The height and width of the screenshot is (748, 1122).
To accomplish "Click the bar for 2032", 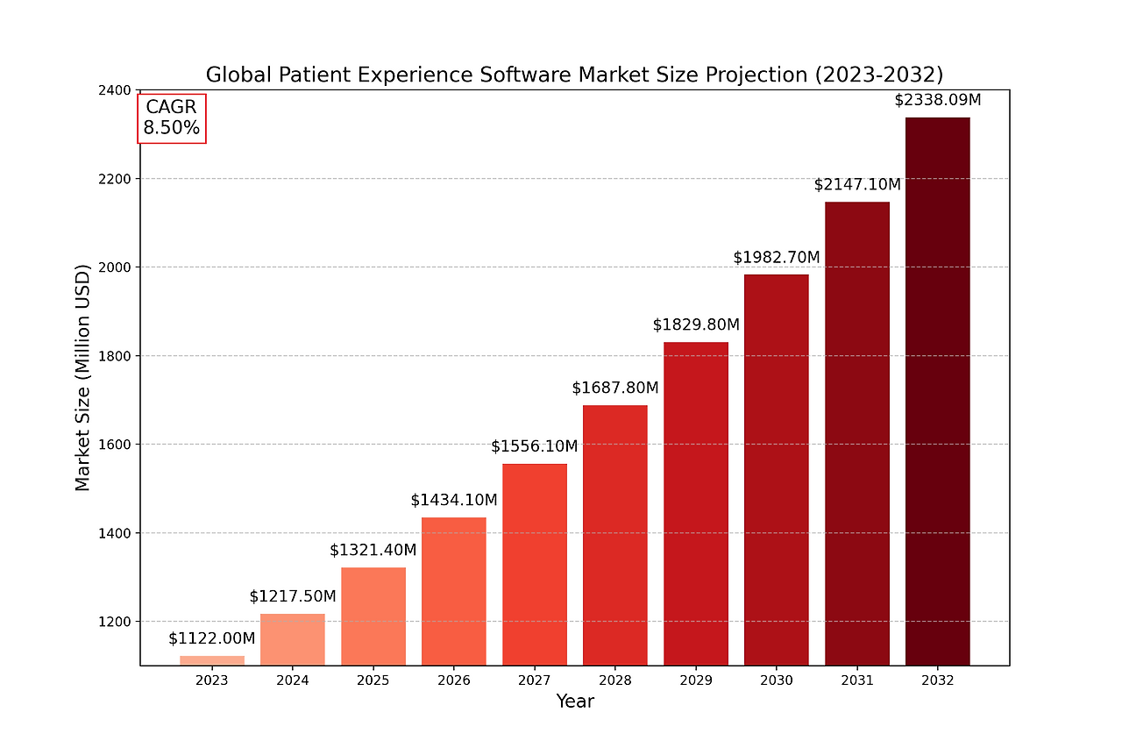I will pos(937,391).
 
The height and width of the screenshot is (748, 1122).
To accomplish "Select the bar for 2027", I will pos(534,564).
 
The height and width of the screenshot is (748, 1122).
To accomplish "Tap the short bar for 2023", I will pos(212,660).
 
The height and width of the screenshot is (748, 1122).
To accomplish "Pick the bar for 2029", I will pos(695,503).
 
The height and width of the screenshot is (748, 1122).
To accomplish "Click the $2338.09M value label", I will pos(937,100).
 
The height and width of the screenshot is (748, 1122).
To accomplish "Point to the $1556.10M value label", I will pos(534,446).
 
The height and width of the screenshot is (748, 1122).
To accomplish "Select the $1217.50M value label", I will pos(292,596).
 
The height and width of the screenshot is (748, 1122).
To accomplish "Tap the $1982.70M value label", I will pos(776,257).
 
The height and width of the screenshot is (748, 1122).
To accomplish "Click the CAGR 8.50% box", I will pos(172,118).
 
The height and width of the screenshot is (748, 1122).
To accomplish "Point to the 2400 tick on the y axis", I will pos(116,90).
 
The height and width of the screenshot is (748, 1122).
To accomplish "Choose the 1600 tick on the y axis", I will pos(116,445).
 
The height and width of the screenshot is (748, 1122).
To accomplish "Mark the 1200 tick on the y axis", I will pos(116,622).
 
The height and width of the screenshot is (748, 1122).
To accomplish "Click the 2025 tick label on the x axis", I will pos(373,680).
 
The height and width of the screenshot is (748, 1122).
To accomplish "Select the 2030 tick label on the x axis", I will pos(776,680).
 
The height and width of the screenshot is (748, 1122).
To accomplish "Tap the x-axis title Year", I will pos(574,702).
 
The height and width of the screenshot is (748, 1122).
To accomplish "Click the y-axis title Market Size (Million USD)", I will pos(82,377).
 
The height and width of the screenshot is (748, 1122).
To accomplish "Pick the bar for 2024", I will pos(292,639).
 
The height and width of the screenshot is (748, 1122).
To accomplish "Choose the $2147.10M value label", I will pos(856,184).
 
